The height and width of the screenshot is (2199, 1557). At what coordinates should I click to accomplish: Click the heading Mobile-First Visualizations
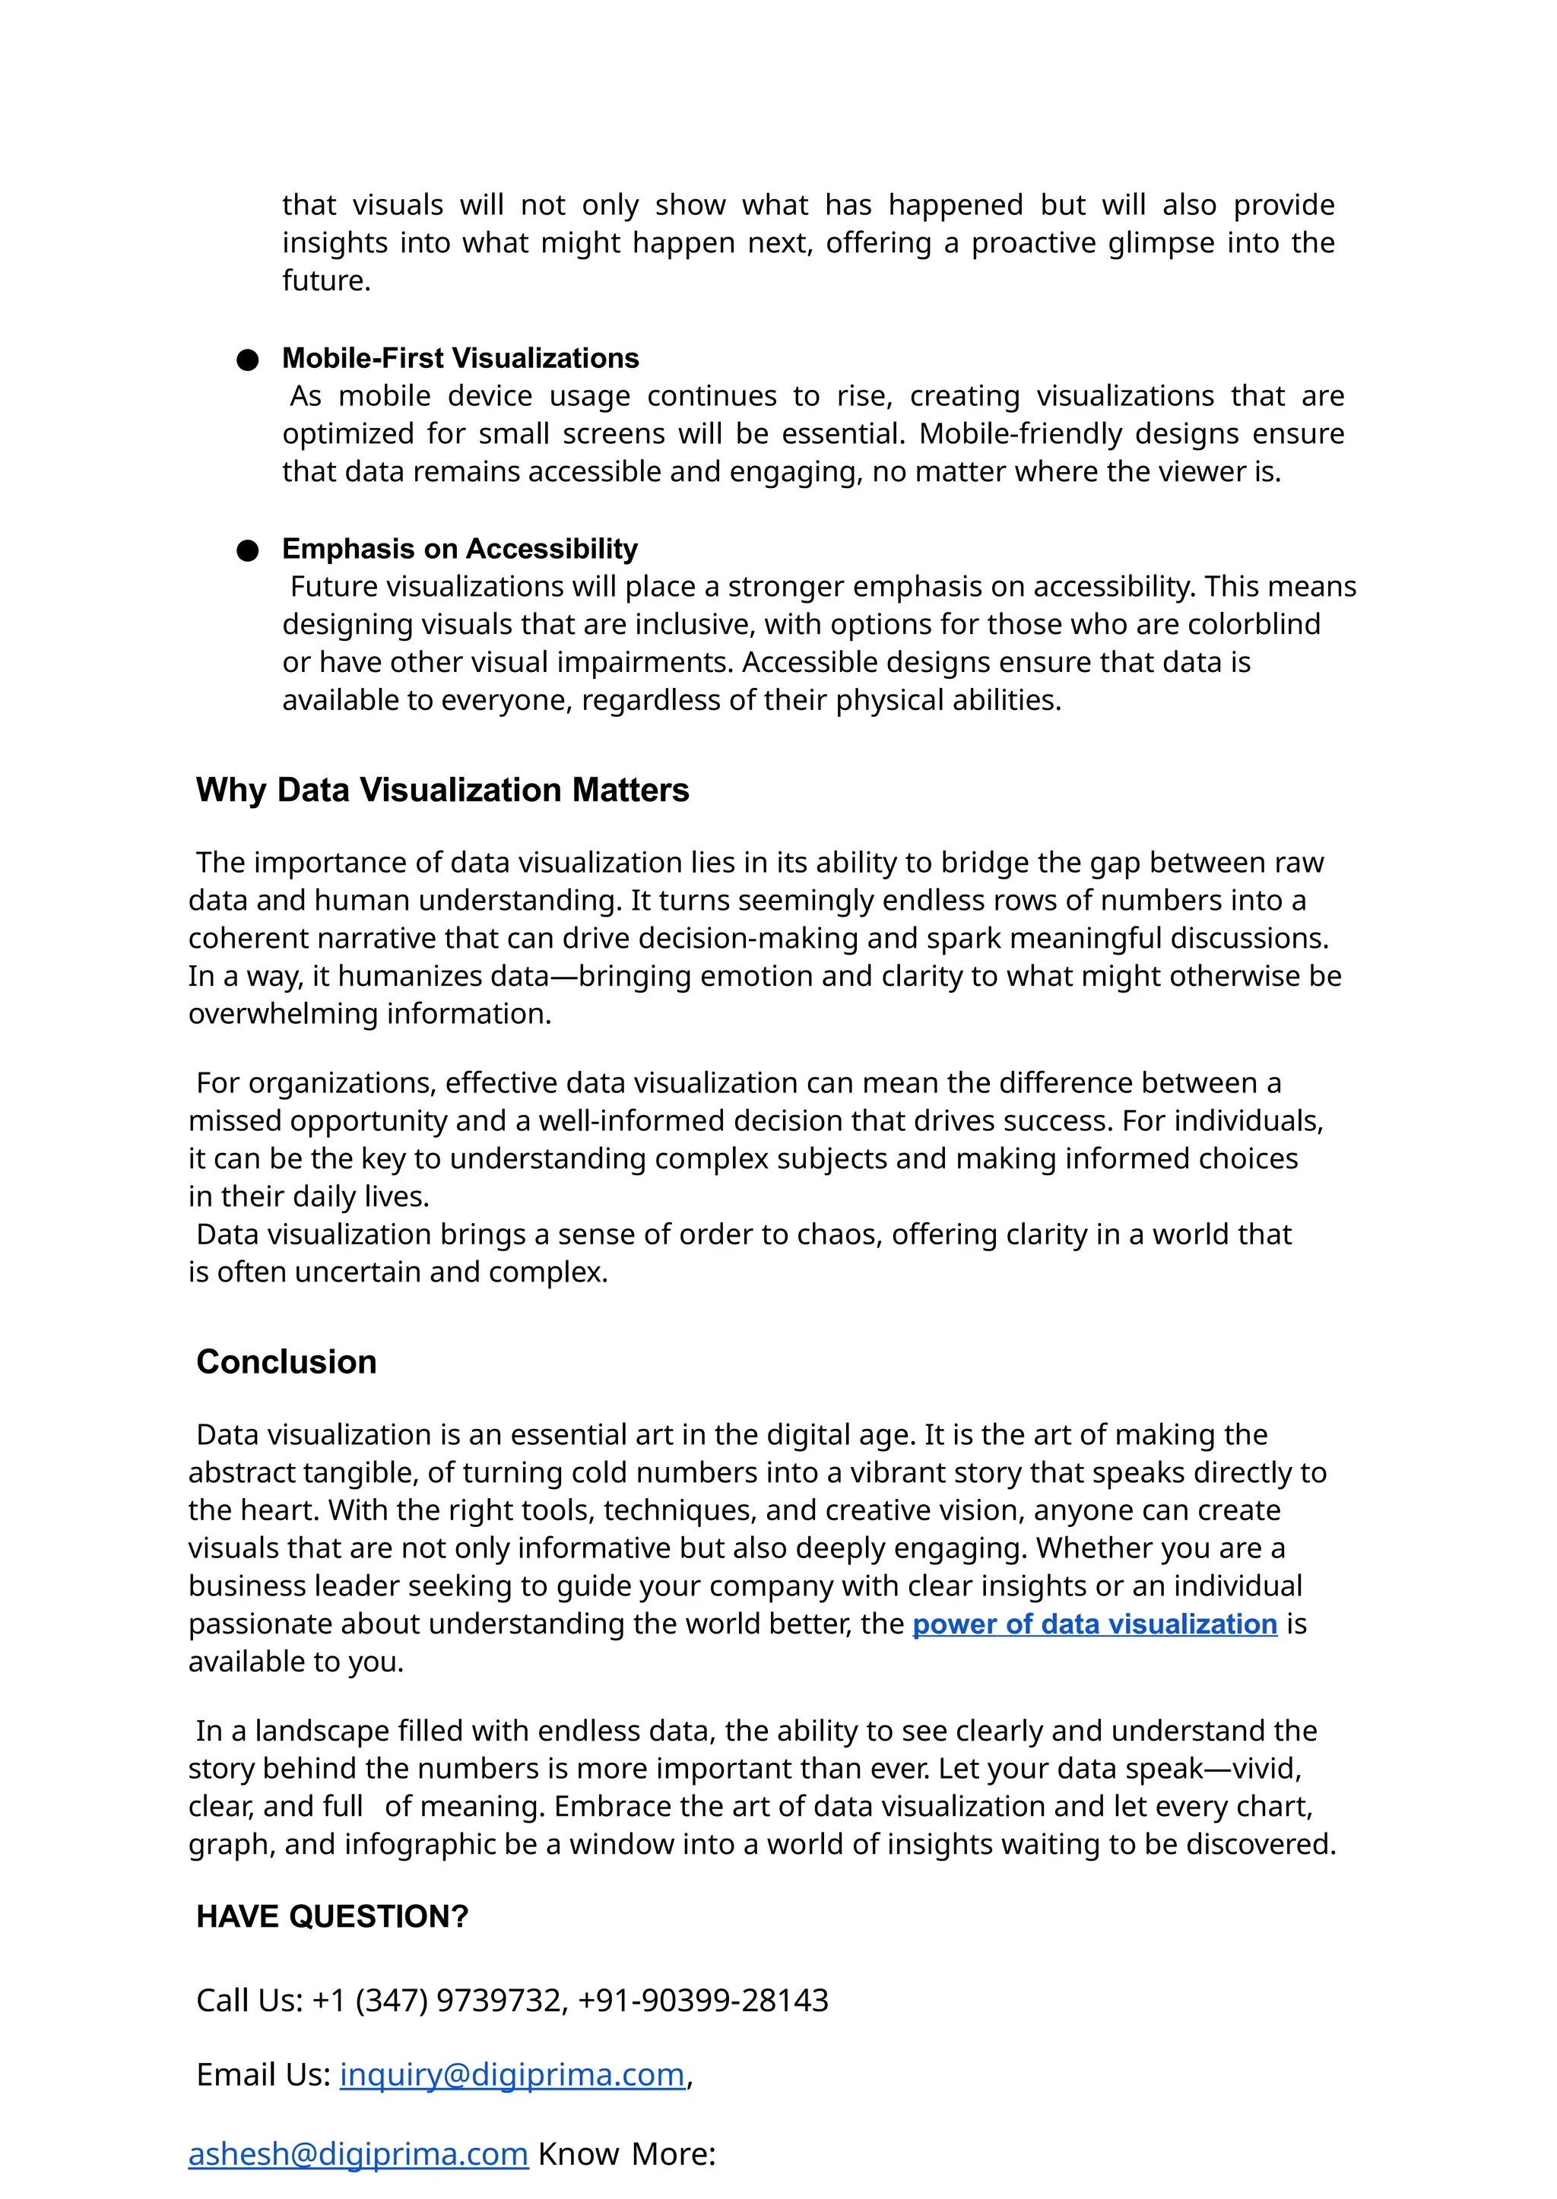pyautogui.click(x=460, y=359)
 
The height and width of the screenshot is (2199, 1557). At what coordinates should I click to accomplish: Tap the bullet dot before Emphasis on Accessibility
pyautogui.click(x=247, y=550)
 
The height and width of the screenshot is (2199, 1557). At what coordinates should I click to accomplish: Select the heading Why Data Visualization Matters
pyautogui.click(x=442, y=790)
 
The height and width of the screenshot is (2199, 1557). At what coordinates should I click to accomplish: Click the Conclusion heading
pyautogui.click(x=286, y=1362)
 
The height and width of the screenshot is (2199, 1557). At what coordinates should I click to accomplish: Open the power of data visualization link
pyautogui.click(x=1094, y=1624)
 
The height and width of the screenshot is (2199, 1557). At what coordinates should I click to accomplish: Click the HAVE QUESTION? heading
pyautogui.click(x=331, y=1916)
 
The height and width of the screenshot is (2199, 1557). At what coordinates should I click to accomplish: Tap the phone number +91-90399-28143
pyautogui.click(x=702, y=2001)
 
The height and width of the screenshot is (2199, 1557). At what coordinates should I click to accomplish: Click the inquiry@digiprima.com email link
pyautogui.click(x=512, y=2074)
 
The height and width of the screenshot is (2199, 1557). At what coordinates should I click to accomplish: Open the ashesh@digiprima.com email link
pyautogui.click(x=357, y=2154)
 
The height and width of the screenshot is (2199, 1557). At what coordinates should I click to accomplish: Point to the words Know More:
pyautogui.click(x=626, y=2154)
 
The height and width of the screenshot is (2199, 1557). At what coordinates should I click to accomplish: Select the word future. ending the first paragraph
pyautogui.click(x=326, y=281)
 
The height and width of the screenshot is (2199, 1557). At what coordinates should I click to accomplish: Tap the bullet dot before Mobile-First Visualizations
pyautogui.click(x=247, y=360)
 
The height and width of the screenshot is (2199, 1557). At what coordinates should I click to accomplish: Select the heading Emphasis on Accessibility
pyautogui.click(x=459, y=550)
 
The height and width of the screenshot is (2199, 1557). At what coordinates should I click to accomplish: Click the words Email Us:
pyautogui.click(x=264, y=2074)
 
